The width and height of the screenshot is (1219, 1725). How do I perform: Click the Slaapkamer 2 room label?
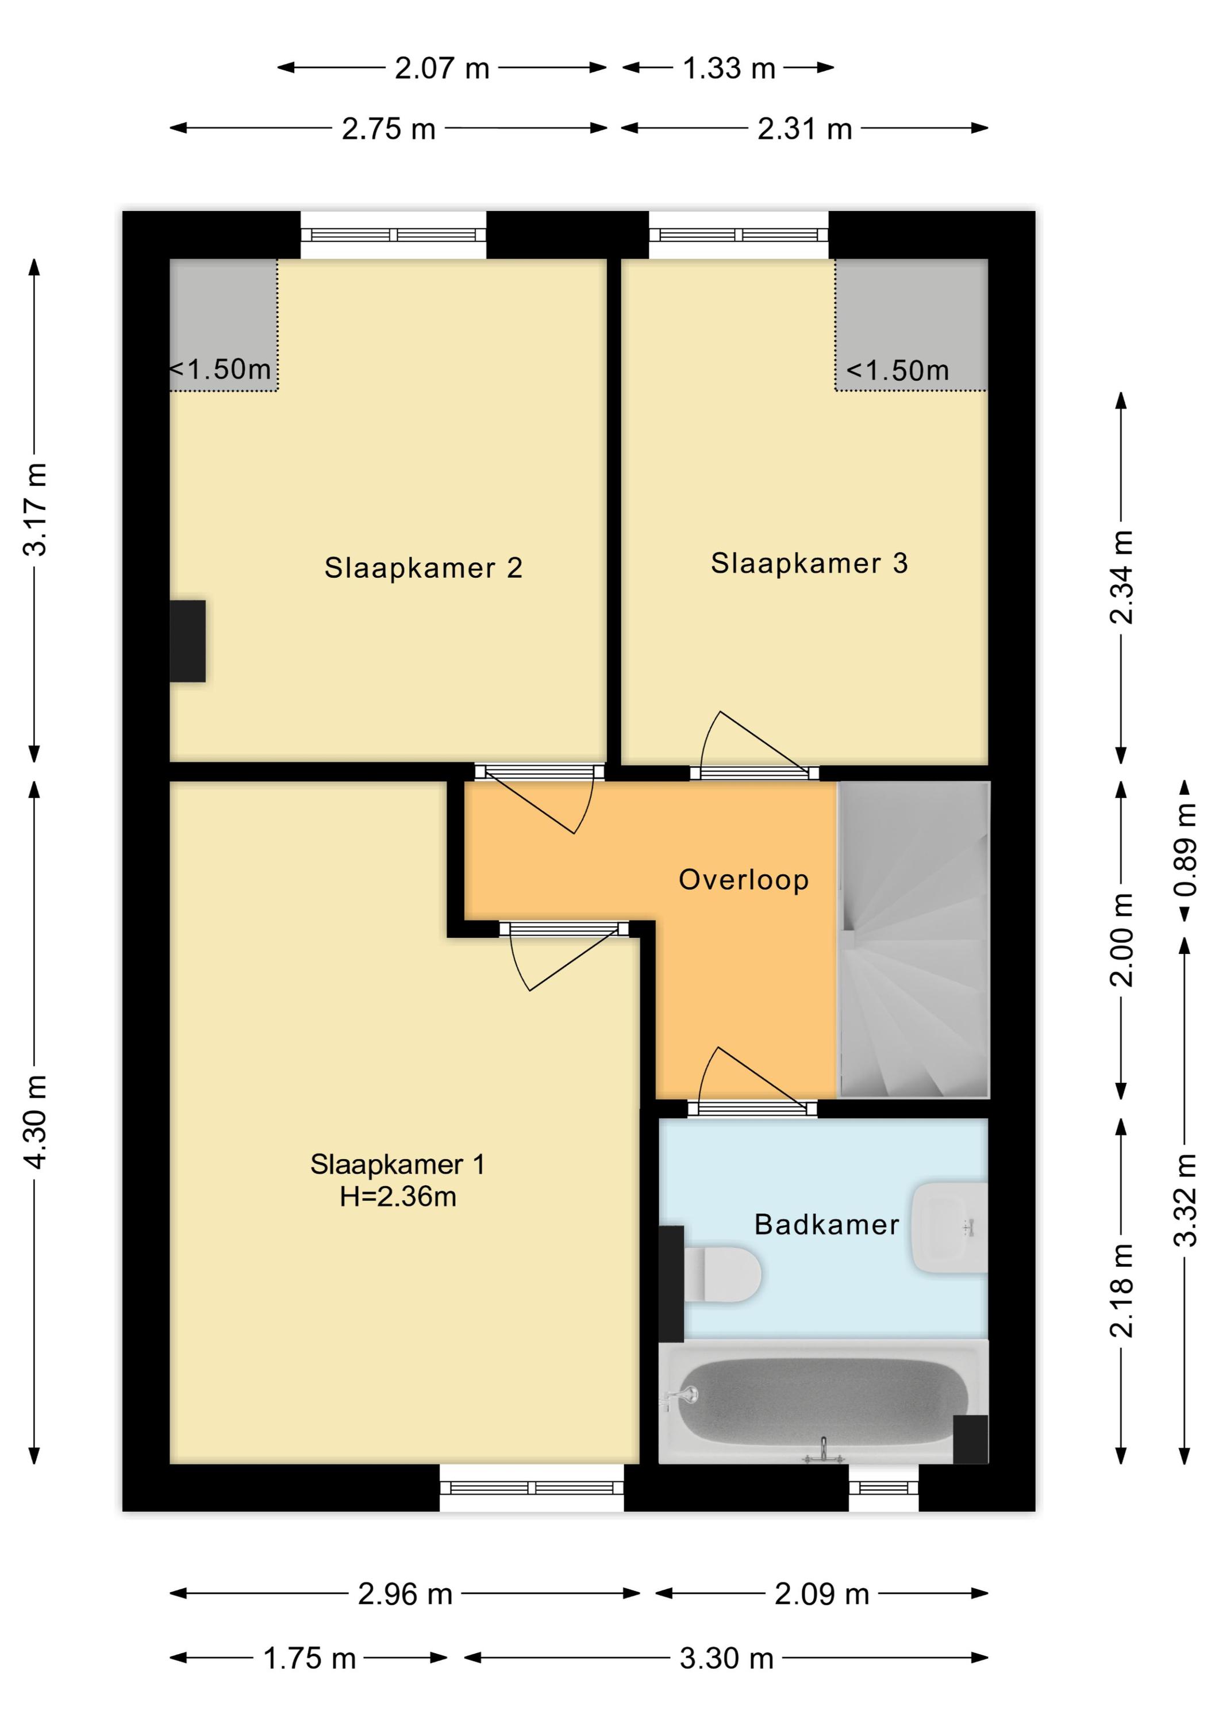click(423, 568)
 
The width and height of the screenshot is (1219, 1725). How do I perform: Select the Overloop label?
click(744, 880)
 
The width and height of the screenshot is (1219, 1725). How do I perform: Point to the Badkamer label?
click(826, 1225)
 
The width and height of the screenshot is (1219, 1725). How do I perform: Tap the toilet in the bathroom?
click(722, 1274)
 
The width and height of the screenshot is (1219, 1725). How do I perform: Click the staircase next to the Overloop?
click(913, 940)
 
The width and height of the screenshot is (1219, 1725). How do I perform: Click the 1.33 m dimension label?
click(729, 68)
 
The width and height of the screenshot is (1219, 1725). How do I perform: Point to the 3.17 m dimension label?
click(35, 509)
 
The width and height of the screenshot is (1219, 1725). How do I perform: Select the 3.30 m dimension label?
click(726, 1658)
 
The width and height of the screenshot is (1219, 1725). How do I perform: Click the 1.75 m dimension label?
click(309, 1658)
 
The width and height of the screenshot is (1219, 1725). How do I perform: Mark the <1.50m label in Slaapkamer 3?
click(898, 370)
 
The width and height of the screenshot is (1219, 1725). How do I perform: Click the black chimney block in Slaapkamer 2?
click(188, 641)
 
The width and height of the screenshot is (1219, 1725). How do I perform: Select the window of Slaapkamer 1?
click(532, 1488)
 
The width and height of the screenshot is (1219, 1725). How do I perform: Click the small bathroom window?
click(884, 1488)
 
